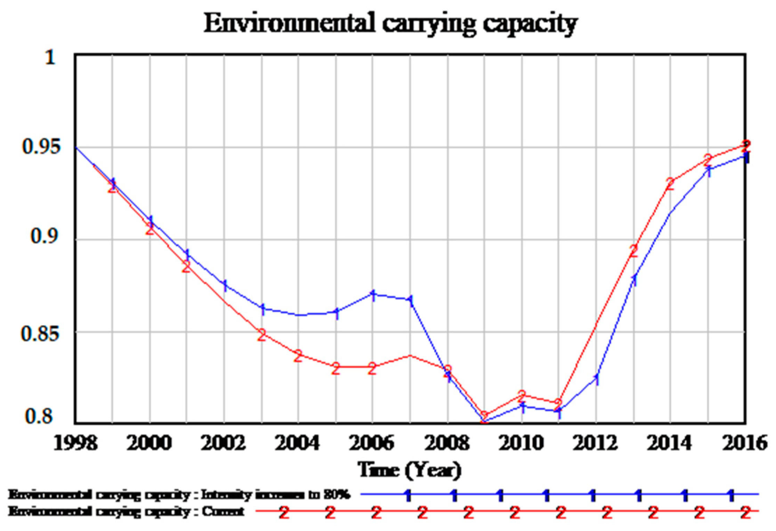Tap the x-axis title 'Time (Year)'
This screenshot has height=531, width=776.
pos(409,470)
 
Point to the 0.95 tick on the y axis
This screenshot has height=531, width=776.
pos(41,146)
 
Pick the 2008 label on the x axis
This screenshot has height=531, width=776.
pos(447,443)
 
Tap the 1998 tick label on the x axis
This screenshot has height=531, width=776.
pos(75,443)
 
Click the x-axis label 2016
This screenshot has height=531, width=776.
pos(744,443)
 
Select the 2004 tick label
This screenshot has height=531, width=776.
pos(297,443)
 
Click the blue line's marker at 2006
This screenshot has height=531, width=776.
pos(373,296)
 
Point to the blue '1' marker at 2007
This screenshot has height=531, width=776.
pos(410,301)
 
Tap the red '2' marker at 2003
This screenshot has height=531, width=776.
pos(262,335)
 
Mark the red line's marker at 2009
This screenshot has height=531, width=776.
pos(485,416)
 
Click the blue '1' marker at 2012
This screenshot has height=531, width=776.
pos(597,379)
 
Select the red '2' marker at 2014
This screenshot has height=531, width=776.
pos(670,183)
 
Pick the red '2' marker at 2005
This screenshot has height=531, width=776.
pos(336,368)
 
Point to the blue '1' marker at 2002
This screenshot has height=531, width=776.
pos(225,286)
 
